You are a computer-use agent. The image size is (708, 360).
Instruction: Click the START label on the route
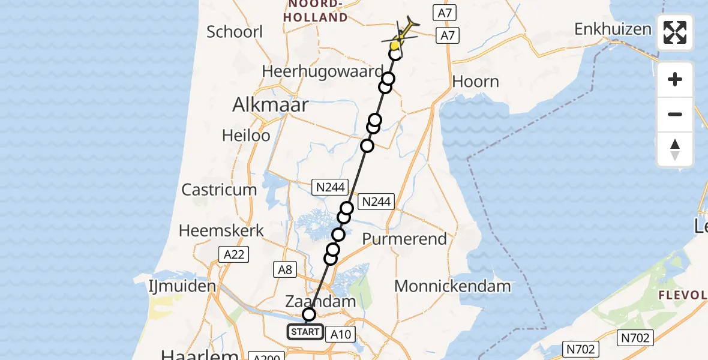point(305,332)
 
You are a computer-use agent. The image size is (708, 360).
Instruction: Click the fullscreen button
point(675,32)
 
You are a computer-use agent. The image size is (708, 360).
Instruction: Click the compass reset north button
point(675,150)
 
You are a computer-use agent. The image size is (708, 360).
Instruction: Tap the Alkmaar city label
point(271,105)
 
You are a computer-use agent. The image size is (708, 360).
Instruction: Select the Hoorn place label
point(476,82)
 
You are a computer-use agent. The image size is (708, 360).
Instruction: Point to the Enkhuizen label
point(613,29)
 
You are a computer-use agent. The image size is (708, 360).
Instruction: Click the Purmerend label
point(405,239)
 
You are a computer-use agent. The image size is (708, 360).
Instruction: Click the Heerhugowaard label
point(322,71)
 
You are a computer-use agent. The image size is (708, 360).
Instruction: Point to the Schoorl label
point(235,31)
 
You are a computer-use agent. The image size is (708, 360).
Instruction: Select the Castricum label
point(219,190)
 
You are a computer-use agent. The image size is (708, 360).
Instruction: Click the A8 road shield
point(285,270)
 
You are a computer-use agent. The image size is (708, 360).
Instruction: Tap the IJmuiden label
point(182,286)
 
